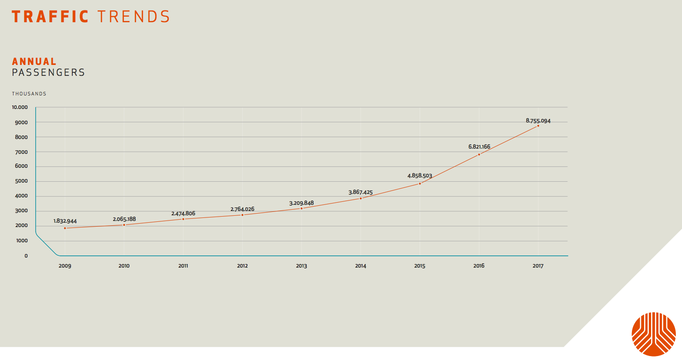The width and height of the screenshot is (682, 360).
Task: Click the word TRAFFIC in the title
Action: click(x=50, y=17)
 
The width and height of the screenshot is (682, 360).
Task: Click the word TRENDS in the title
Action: click(x=133, y=17)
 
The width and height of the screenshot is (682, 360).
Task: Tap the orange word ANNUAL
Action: click(x=34, y=61)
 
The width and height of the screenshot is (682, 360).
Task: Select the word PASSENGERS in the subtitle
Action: click(x=48, y=72)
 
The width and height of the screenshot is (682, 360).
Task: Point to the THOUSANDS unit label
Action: click(x=29, y=94)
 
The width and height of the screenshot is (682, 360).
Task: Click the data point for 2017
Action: click(x=538, y=126)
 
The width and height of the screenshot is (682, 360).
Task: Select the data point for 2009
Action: click(x=65, y=228)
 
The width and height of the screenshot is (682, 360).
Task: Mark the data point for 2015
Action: click(x=420, y=183)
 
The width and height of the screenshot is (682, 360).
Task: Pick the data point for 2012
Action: click(x=242, y=215)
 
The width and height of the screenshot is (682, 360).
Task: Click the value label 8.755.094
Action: click(x=538, y=121)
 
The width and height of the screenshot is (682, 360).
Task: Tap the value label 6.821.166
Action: click(x=479, y=147)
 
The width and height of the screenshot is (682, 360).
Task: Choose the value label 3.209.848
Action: click(x=302, y=203)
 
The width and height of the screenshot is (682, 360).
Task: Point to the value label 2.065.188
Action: click(x=124, y=219)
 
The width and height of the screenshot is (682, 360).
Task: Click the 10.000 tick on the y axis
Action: click(x=20, y=107)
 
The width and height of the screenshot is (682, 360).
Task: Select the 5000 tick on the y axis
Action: click(x=21, y=181)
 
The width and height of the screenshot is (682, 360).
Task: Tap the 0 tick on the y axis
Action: click(x=26, y=256)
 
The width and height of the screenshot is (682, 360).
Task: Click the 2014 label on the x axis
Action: click(x=360, y=266)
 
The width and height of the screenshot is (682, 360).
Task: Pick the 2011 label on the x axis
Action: click(x=183, y=266)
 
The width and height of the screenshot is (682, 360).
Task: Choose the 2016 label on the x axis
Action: click(x=479, y=266)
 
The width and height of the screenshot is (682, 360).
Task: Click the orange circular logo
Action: click(x=654, y=334)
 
